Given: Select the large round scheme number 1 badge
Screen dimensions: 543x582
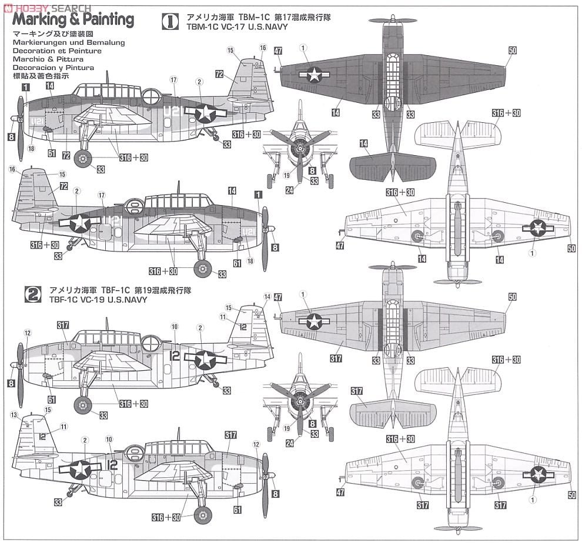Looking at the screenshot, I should tap(170, 22).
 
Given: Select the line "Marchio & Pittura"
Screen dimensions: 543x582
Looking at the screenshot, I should tap(46, 59).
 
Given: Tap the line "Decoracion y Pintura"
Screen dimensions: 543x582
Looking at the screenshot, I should tap(52, 68).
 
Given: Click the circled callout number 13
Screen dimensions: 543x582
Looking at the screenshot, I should tap(14, 414).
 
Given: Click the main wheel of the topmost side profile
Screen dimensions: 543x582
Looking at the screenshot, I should tap(83, 157).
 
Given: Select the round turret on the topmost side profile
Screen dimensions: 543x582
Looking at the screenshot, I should tap(151, 96).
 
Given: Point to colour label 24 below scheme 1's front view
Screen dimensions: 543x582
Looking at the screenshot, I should tap(289, 189).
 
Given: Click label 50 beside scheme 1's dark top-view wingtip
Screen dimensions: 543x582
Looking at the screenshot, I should tap(512, 51).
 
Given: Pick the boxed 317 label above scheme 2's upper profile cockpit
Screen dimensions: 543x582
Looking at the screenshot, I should tap(63, 324).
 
